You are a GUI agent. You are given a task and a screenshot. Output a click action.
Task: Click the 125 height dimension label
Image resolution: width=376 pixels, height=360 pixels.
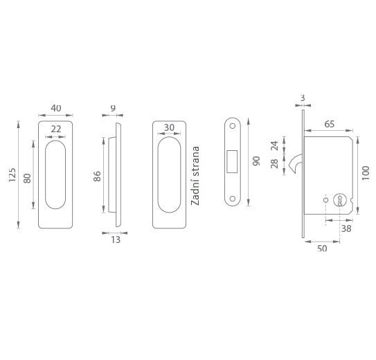12,174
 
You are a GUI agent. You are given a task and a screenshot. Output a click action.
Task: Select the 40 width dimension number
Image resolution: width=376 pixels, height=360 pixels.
56,108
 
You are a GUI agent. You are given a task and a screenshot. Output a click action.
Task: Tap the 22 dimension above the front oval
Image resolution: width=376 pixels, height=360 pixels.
56,129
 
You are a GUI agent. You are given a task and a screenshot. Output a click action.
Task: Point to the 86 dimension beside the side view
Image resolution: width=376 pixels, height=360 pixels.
97,176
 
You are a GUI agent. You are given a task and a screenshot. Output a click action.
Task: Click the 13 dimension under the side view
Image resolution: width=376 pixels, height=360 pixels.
116,240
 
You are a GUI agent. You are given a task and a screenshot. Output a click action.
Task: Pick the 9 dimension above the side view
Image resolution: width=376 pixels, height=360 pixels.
113,108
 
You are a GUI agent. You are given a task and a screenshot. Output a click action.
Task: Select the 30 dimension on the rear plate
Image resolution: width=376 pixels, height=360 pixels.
169,127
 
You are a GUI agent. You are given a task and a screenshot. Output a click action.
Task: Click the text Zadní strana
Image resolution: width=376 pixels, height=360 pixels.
195,176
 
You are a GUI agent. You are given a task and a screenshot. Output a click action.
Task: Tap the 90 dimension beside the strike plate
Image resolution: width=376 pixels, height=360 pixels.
256,161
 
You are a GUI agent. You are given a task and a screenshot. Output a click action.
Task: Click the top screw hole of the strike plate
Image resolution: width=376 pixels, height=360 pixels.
233,126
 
